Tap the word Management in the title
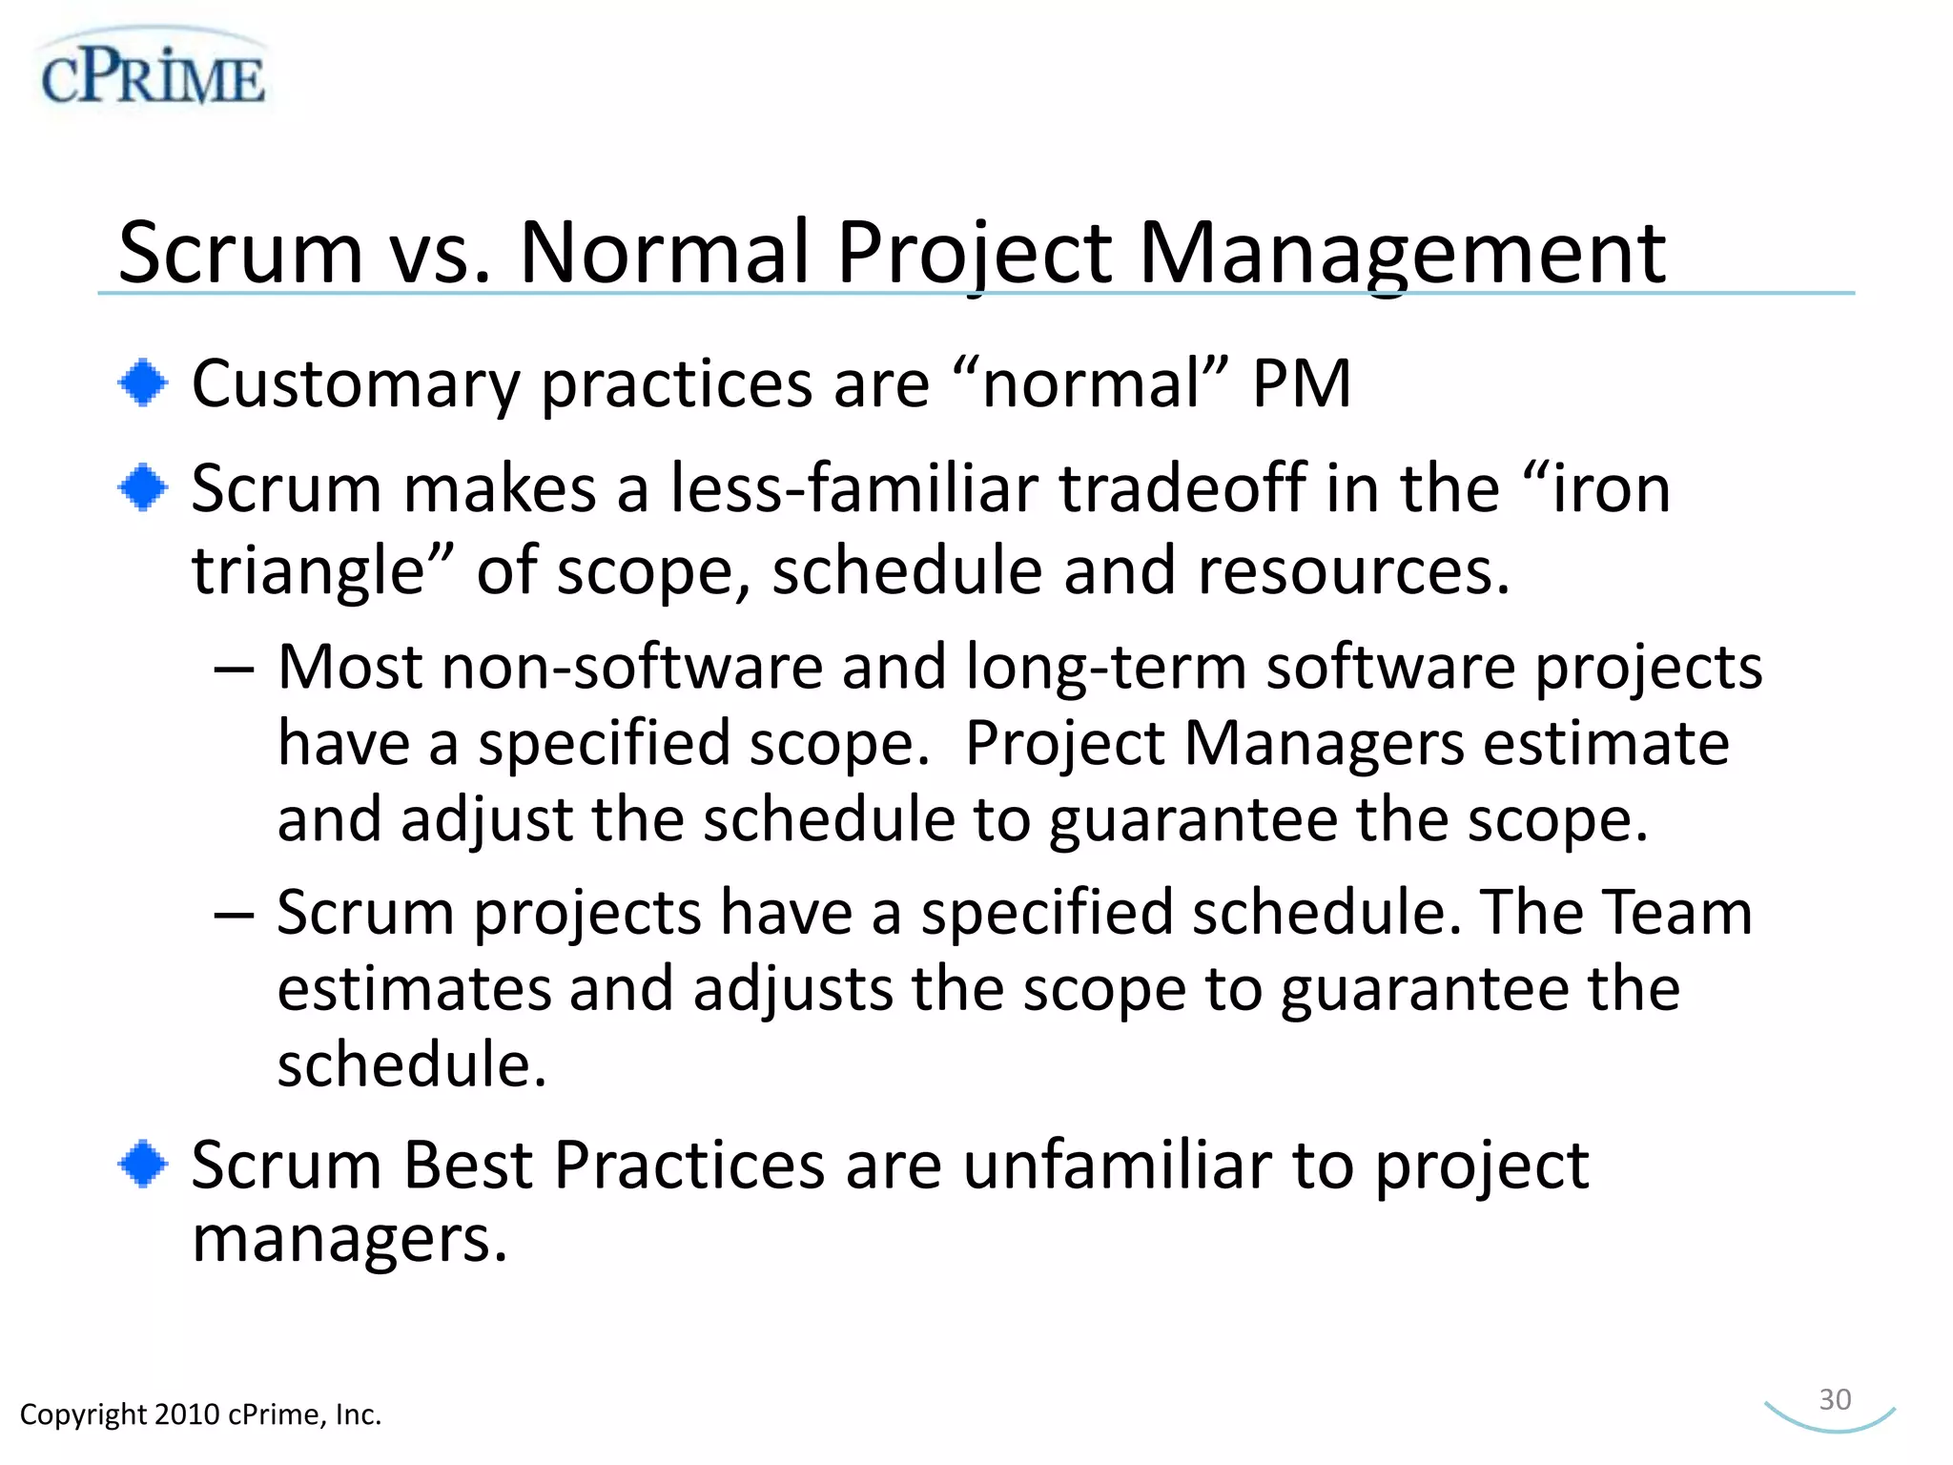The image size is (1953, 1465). pos(1403,252)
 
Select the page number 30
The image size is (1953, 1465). pos(1835,1399)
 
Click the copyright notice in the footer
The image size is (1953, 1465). pos(200,1413)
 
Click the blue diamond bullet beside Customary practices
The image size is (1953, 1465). pos(143,383)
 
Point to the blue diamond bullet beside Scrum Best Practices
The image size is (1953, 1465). pos(143,1164)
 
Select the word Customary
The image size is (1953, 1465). pos(355,385)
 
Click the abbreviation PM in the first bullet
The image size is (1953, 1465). pos(1302,383)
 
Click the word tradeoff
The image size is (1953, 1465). pos(1182,488)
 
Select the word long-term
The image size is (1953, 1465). pos(1106,668)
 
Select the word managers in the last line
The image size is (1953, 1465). pos(349,1240)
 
